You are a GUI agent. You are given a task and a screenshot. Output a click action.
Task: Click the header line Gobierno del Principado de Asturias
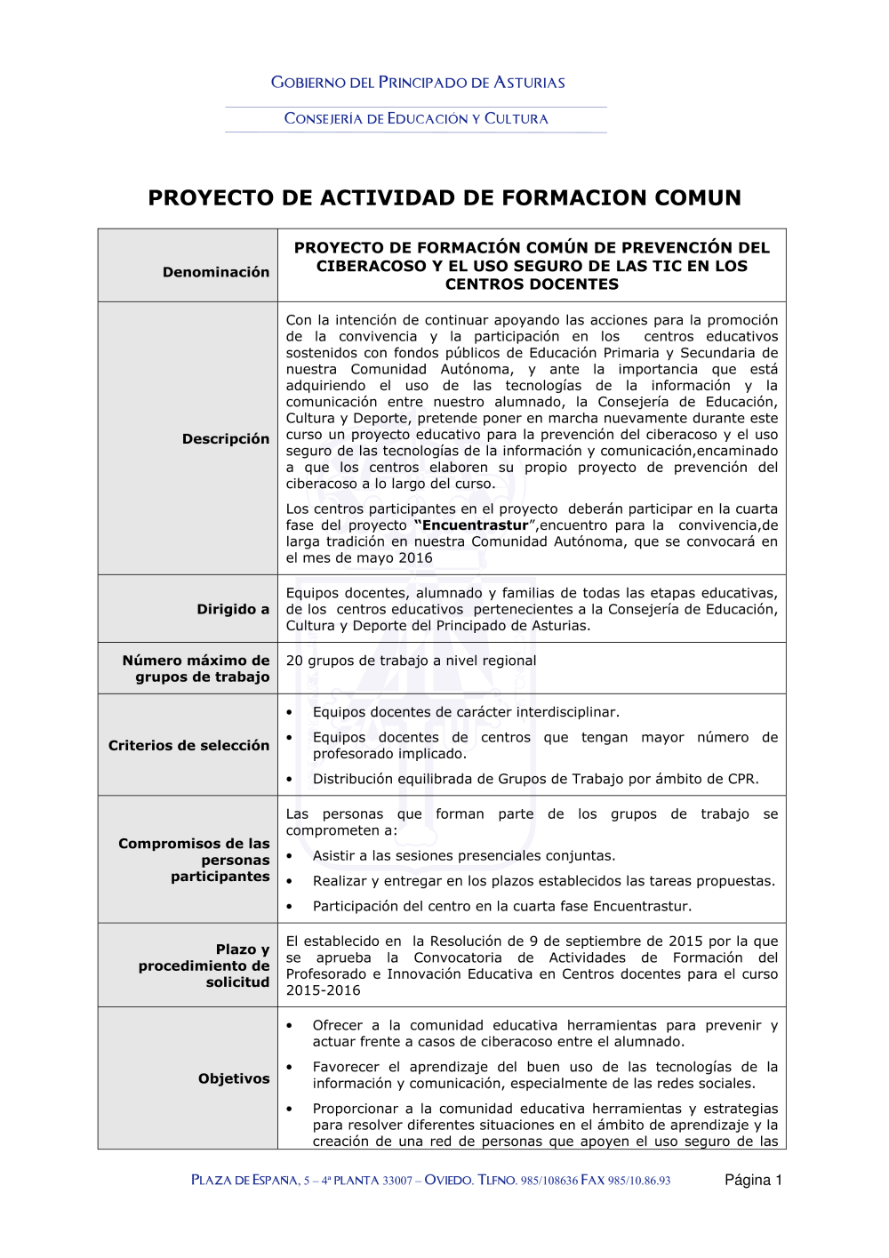418,83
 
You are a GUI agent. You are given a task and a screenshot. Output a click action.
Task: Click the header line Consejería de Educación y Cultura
416,118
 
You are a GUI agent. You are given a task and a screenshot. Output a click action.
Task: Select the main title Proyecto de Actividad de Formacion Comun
444,197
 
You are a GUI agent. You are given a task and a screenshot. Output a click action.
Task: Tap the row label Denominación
215,272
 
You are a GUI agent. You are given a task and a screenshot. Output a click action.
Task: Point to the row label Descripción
225,439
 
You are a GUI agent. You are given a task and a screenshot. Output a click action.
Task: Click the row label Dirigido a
233,609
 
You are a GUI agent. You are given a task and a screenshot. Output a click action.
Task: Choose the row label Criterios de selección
188,745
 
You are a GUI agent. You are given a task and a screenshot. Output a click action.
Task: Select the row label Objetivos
234,1078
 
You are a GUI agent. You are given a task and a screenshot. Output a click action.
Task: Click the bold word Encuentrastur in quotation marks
475,525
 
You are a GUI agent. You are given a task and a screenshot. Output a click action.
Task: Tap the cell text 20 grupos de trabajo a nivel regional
411,661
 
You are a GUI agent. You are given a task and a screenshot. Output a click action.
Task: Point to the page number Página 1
753,1180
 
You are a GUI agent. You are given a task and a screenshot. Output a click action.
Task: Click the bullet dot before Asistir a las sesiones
290,856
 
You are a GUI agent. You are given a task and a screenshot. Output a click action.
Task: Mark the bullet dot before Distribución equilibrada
290,780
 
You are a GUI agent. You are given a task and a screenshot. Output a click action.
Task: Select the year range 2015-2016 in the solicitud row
323,990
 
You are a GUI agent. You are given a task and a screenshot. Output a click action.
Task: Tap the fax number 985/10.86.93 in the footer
639,1181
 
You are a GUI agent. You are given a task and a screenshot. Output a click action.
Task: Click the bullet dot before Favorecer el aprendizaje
290,1067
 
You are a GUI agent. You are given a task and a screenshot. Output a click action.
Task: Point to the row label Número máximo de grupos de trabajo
196,669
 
